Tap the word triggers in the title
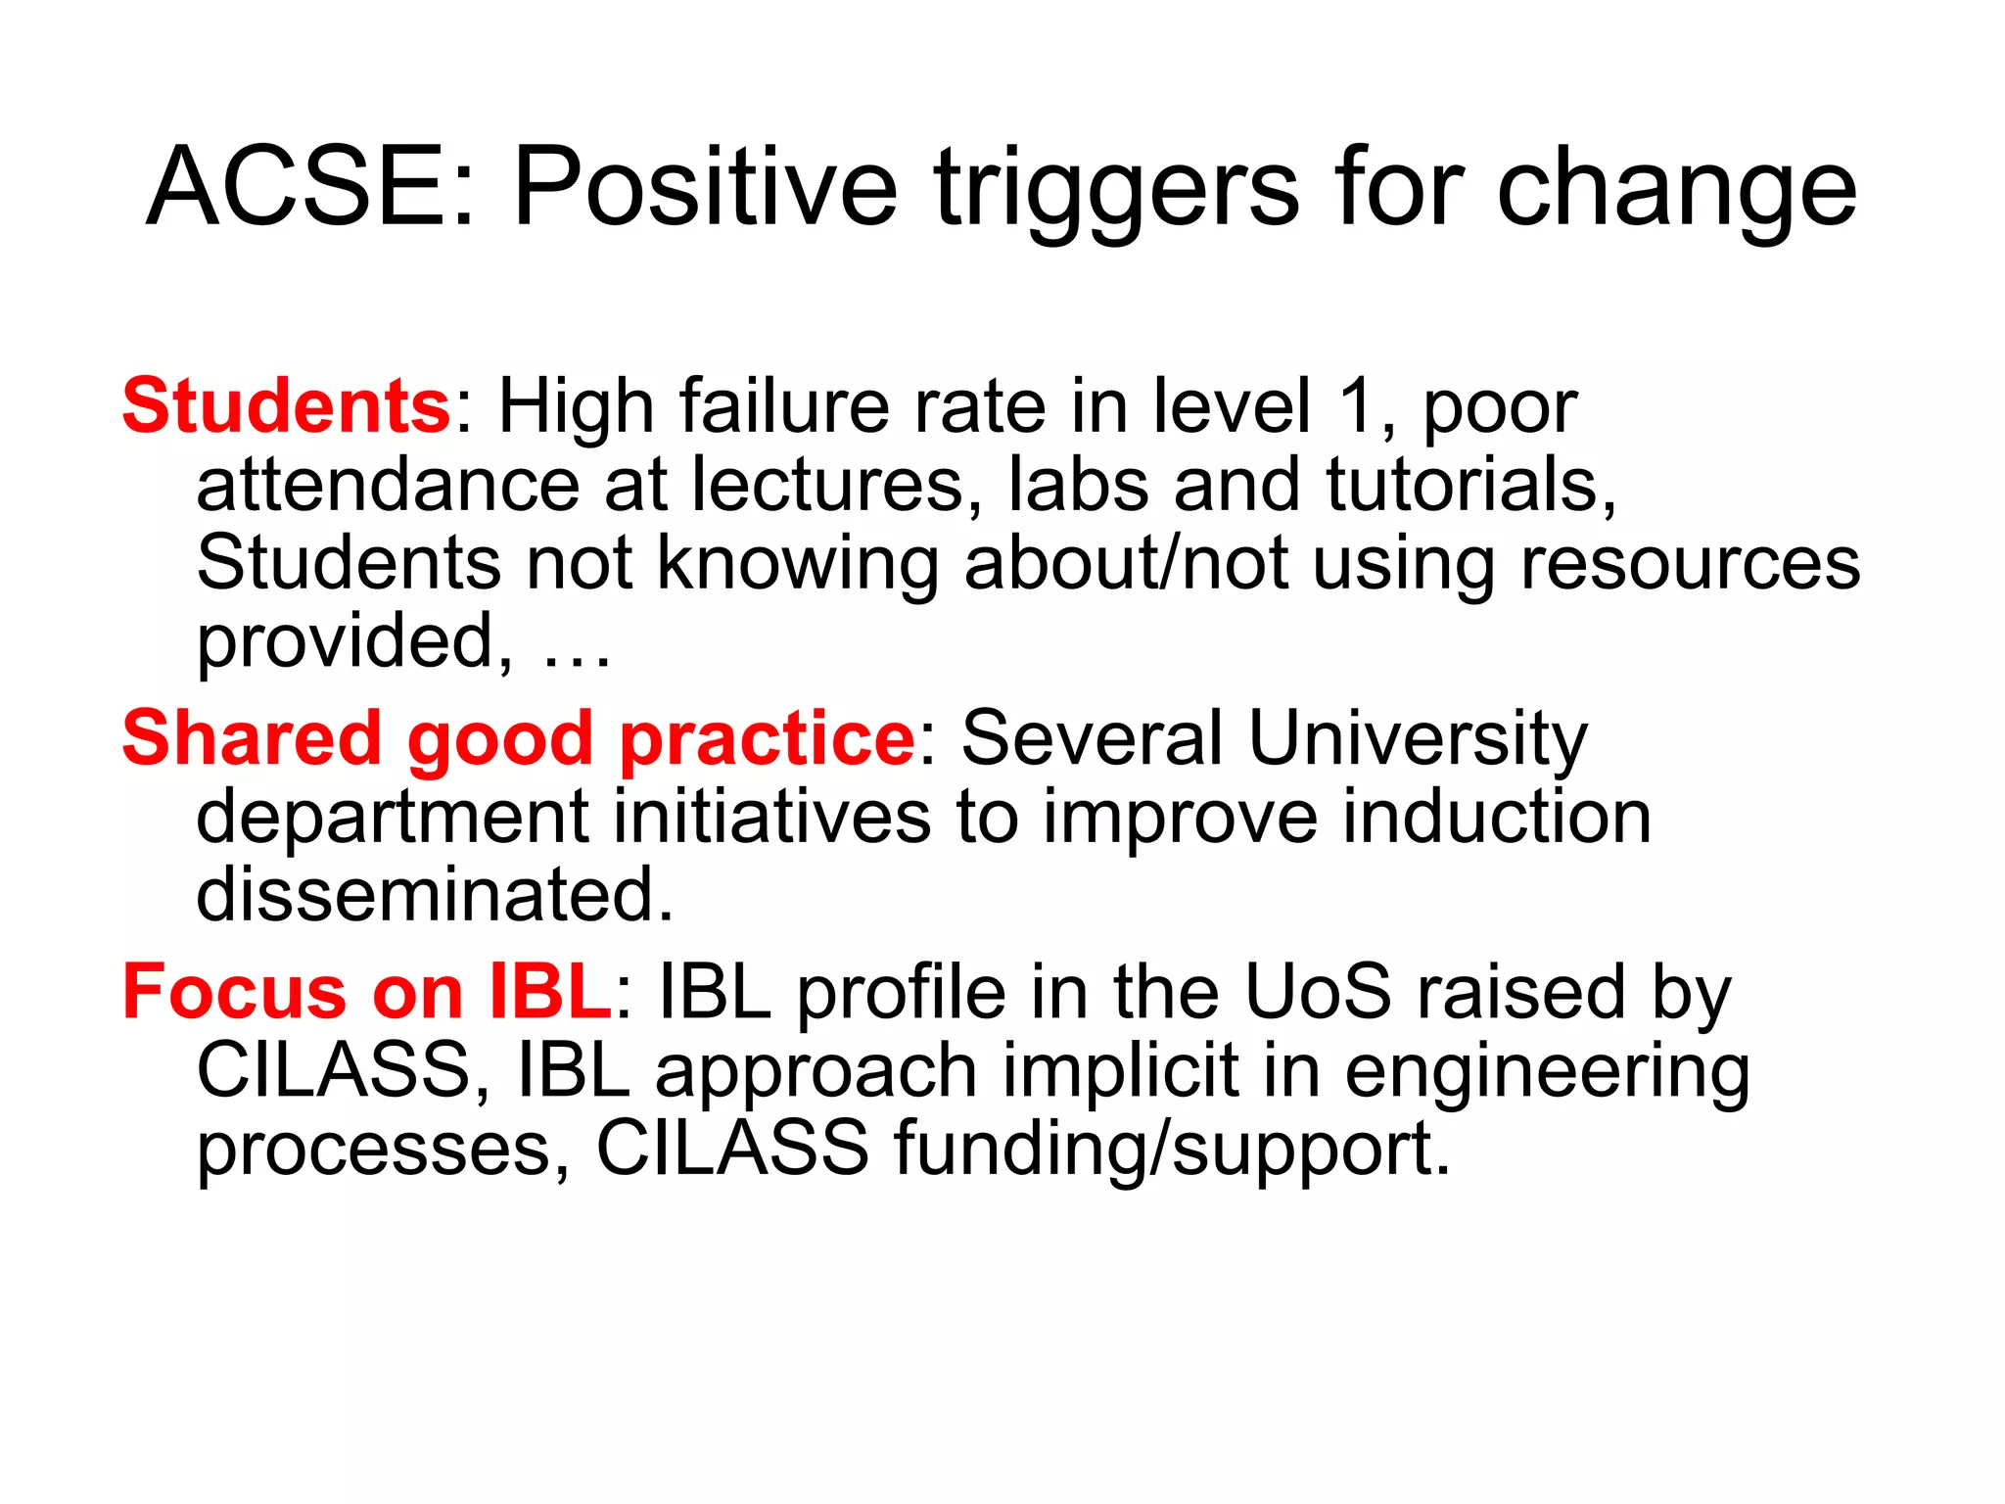(1116, 188)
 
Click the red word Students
(285, 405)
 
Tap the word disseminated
(435, 894)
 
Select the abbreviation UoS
(1317, 992)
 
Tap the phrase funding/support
(1171, 1149)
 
